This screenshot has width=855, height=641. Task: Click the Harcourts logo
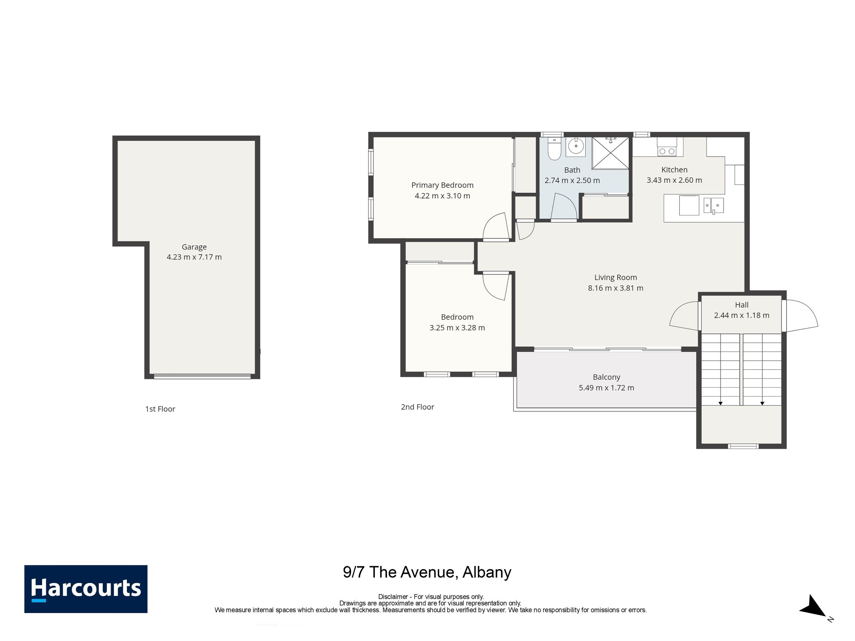click(86, 589)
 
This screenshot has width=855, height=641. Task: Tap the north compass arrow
click(813, 606)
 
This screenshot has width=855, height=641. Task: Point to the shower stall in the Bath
click(610, 153)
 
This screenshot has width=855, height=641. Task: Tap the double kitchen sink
click(713, 205)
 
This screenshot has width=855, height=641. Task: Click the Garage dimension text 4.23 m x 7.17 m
click(194, 257)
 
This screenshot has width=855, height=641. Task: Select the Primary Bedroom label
click(443, 185)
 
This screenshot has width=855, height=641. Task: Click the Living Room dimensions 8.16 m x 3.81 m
click(616, 288)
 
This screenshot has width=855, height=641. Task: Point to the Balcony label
click(607, 377)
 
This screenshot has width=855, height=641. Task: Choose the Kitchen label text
click(674, 169)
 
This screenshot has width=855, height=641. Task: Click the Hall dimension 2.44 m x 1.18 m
click(741, 315)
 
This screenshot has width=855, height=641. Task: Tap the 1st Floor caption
click(160, 409)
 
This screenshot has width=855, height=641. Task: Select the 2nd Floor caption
click(417, 407)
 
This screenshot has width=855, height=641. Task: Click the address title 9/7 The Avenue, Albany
click(427, 572)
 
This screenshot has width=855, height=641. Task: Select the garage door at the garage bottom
click(202, 376)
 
